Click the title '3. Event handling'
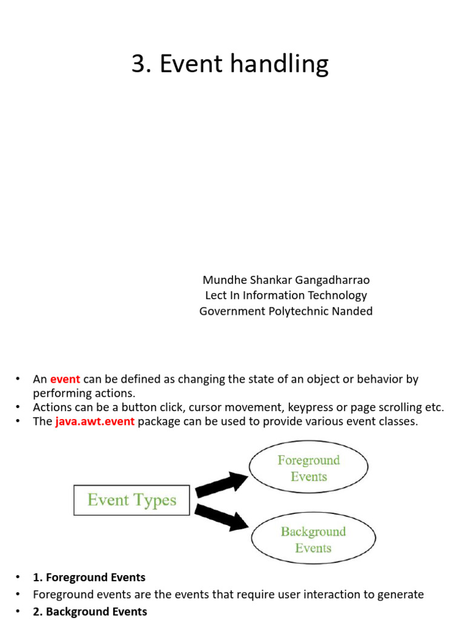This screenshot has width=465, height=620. (x=229, y=64)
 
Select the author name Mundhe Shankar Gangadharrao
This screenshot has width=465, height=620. (x=286, y=280)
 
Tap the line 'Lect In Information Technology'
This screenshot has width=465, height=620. (x=286, y=295)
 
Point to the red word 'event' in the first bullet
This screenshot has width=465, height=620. (x=65, y=380)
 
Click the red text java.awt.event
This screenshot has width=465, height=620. (x=95, y=421)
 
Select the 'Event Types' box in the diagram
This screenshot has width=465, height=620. (x=132, y=500)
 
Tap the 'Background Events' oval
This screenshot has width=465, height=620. (x=313, y=539)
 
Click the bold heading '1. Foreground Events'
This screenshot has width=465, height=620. (x=89, y=578)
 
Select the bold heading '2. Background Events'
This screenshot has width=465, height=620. (x=90, y=612)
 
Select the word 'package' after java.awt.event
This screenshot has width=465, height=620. (x=158, y=422)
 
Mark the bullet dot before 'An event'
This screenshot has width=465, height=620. (x=18, y=380)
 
